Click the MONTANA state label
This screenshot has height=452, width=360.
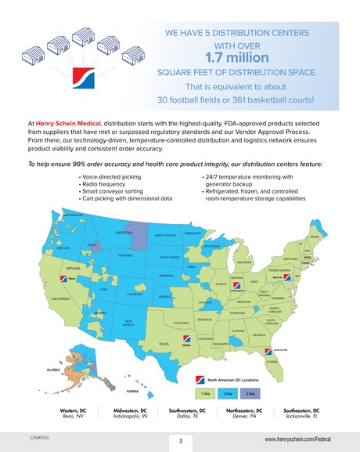[124, 233]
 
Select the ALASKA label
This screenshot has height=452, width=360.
[53, 367]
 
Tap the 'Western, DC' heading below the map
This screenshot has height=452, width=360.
[73, 410]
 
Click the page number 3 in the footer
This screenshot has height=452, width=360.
[180, 441]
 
